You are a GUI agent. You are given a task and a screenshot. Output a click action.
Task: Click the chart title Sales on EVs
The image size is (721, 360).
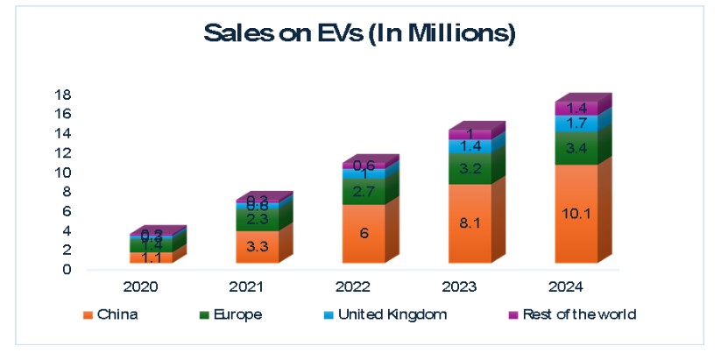click(x=359, y=34)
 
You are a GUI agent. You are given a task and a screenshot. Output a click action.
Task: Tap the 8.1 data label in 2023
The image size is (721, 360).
click(x=470, y=223)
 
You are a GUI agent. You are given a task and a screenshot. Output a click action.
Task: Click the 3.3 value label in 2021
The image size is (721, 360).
click(x=258, y=247)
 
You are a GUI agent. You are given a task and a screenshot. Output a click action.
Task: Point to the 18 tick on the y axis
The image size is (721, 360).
click(x=63, y=95)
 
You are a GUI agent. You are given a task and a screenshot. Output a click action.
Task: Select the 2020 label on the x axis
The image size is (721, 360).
click(x=151, y=286)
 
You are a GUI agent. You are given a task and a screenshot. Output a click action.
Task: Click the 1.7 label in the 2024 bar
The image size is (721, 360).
click(x=576, y=124)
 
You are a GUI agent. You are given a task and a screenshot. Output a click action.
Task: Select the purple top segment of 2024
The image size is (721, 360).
click(x=576, y=108)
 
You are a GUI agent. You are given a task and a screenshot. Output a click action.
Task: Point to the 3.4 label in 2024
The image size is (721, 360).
click(x=576, y=148)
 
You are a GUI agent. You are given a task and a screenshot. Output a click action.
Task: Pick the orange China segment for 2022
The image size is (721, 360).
click(x=364, y=233)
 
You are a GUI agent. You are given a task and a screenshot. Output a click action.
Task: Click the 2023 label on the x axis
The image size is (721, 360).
click(x=470, y=286)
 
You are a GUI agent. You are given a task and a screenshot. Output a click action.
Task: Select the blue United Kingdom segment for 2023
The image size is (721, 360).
click(x=470, y=146)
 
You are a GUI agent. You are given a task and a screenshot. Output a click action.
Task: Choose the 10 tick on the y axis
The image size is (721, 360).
click(x=63, y=173)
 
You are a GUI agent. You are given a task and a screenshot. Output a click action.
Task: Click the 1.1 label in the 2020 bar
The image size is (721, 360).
click(x=152, y=258)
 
